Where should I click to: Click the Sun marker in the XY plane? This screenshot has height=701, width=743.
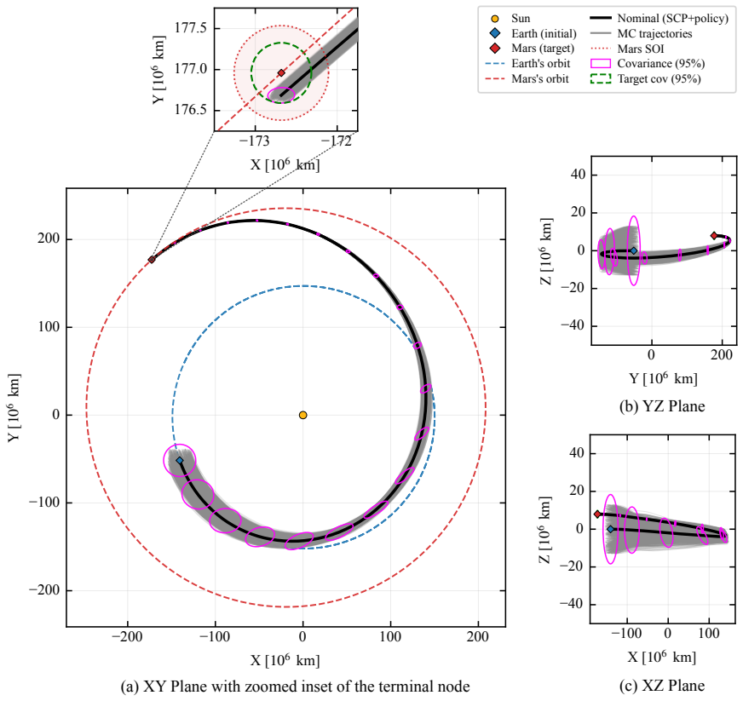point(302,415)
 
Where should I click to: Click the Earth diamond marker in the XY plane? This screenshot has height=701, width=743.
point(180,461)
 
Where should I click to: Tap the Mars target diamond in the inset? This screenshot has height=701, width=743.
point(281,73)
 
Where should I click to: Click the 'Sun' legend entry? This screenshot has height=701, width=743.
point(510,19)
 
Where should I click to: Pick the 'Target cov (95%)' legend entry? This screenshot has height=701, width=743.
point(645,78)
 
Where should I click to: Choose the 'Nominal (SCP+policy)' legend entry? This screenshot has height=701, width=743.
point(659,19)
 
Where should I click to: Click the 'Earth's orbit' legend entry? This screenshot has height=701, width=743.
point(527,64)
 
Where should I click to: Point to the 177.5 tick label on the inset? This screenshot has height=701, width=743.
point(191,28)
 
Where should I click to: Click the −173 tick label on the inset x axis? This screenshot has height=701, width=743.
point(254,141)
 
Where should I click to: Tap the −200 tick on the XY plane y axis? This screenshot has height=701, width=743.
point(44,590)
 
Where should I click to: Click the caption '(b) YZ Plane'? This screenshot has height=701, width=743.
point(662,406)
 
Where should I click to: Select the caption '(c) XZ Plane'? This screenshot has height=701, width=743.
point(662,686)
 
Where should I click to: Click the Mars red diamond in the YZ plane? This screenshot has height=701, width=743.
point(714,235)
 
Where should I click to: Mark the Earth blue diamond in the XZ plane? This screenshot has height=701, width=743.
point(610,529)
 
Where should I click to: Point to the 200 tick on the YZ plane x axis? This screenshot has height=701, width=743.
point(722,354)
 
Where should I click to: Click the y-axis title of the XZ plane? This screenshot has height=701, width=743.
point(545,530)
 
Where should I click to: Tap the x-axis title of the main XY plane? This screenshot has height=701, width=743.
point(285,660)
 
